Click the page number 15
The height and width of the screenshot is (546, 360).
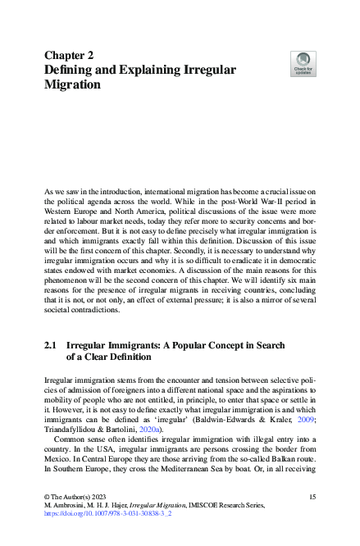(x=312, y=498)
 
